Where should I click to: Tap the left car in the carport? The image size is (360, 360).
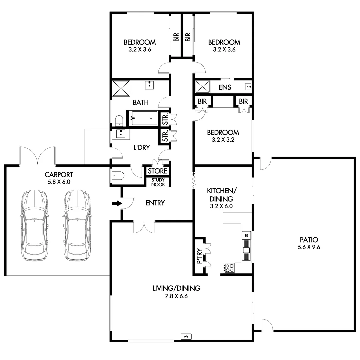click(33, 225)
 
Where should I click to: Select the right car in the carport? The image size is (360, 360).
click(77, 225)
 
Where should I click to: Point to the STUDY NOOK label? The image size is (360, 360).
click(158, 182)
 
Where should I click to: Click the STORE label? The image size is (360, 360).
click(158, 171)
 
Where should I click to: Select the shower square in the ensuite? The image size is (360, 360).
click(202, 87)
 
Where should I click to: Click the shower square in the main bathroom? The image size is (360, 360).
click(121, 88)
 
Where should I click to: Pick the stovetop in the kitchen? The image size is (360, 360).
click(229, 268)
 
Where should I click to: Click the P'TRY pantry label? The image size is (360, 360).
click(200, 256)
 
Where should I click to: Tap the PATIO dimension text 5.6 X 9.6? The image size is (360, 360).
click(309, 247)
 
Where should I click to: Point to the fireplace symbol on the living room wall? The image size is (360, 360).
click(186, 337)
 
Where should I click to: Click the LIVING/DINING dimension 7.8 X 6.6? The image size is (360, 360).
click(176, 296)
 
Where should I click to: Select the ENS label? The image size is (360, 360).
click(225, 88)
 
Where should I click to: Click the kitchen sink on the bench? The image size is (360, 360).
click(246, 250)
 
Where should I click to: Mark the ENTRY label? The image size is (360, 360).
click(155, 203)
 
